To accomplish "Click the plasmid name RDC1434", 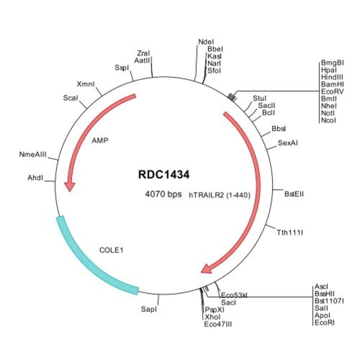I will [164, 175].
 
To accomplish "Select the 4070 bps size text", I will [163, 194].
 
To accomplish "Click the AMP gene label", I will [100, 141].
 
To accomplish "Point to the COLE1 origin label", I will [111, 250].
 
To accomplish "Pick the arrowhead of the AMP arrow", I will [69, 186].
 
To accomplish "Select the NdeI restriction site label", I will [205, 42].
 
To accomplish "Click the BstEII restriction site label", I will [294, 194].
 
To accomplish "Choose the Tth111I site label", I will [290, 233].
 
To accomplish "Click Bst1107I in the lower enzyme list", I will [329, 301].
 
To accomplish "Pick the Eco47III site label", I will [218, 323].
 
